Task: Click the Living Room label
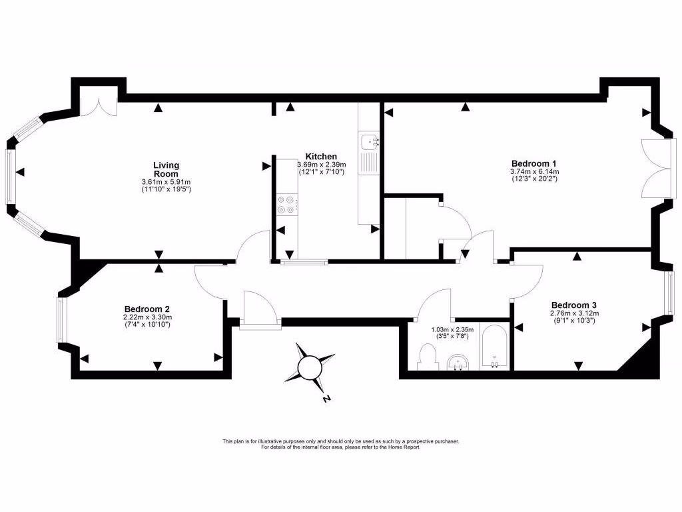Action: (166, 169)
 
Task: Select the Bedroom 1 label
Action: (533, 163)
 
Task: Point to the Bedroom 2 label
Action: (147, 309)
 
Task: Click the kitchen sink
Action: (368, 141)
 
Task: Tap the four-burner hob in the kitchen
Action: (287, 204)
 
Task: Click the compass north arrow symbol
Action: (310, 366)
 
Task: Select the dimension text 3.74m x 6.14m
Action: (533, 171)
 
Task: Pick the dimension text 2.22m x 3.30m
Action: (147, 317)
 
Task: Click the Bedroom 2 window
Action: (61, 319)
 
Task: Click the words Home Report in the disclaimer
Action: (405, 447)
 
